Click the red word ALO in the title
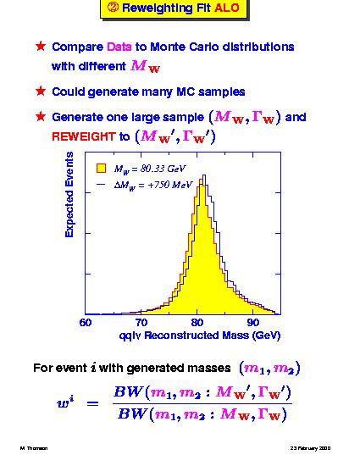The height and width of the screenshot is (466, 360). (227, 8)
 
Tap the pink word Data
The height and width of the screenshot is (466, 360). (119, 47)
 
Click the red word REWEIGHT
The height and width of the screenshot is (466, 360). (84, 136)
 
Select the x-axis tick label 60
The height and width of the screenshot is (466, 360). (86, 323)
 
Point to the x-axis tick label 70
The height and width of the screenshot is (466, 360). (141, 323)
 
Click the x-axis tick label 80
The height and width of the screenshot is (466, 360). (197, 323)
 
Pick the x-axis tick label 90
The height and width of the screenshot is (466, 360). (252, 323)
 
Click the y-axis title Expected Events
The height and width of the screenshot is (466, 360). (69, 195)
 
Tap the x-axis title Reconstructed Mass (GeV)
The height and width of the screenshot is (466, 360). (213, 336)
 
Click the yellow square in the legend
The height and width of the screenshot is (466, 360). (101, 169)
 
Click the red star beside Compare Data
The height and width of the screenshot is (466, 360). (41, 47)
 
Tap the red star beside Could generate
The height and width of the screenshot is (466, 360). (41, 92)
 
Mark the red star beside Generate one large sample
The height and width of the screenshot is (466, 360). (41, 117)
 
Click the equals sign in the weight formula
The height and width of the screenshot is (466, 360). (92, 403)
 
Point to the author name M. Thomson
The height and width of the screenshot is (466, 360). (34, 448)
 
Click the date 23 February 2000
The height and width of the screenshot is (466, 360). (310, 448)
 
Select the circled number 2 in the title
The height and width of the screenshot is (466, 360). (113, 8)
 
